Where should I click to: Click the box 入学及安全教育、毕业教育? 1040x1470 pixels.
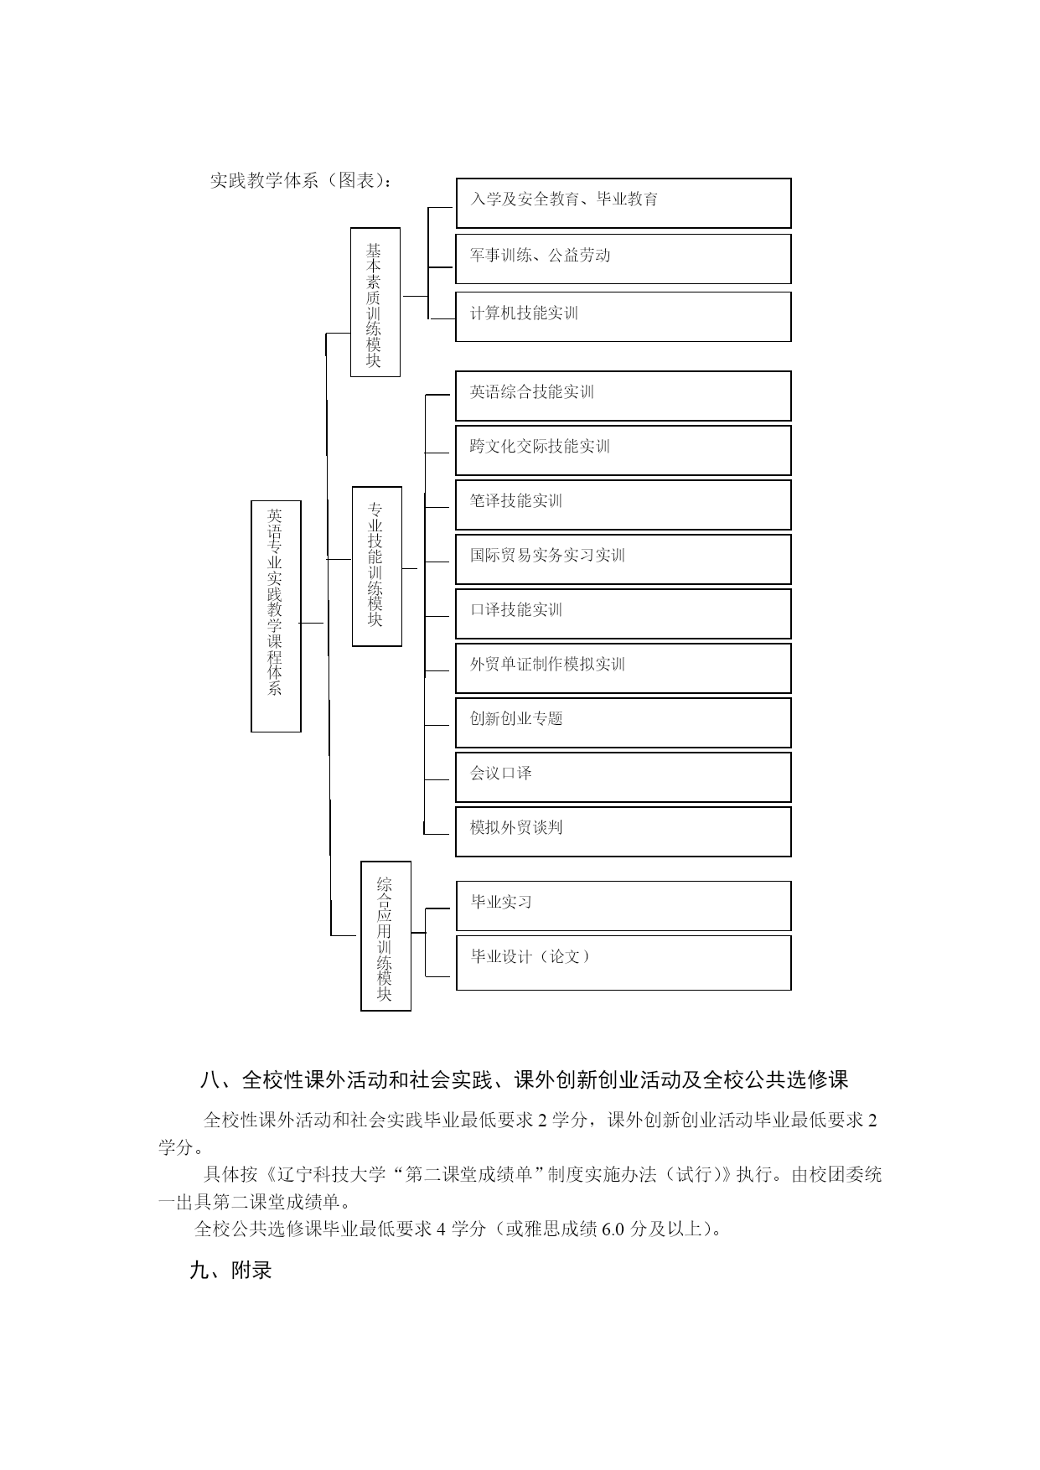623,203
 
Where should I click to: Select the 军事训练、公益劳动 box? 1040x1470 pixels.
623,259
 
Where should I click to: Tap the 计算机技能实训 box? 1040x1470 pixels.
623,317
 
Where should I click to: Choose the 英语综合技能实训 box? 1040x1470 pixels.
623,396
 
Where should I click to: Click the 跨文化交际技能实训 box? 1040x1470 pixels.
623,450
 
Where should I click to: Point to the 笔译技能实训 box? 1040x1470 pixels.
623,505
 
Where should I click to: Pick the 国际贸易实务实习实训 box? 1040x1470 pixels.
623,559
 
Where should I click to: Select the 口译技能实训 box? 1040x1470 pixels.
623,613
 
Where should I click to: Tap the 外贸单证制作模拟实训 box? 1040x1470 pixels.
623,668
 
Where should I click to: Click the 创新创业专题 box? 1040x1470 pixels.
623,722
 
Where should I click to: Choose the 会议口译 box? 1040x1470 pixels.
623,777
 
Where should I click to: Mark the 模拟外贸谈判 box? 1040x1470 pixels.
623,831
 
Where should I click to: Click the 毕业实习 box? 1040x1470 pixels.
623,905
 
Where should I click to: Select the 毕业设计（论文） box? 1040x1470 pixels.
623,962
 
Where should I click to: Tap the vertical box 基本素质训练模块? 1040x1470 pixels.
375,302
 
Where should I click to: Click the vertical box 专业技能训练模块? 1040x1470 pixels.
376,566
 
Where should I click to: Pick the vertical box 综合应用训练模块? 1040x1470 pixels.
385,935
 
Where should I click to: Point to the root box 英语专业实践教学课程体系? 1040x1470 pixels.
276,616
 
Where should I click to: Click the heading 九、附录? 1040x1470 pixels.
231,1271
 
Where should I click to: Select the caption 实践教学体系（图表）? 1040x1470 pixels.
300,181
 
